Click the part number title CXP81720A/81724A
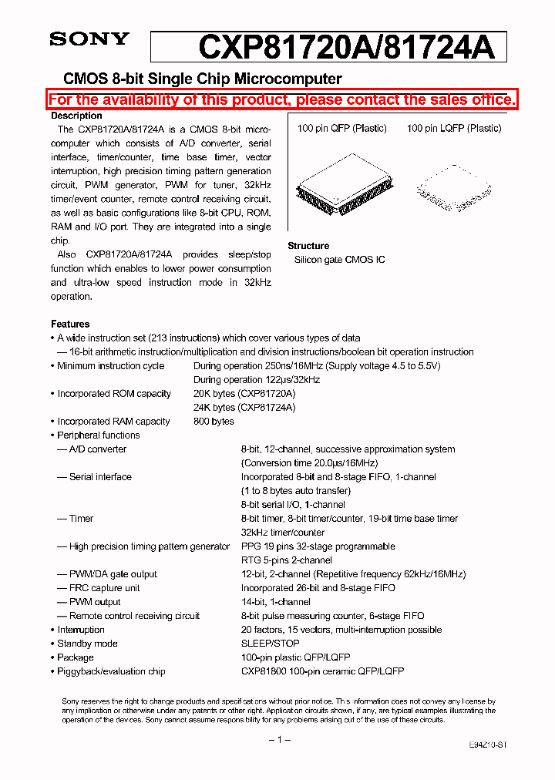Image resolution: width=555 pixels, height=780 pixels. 345,48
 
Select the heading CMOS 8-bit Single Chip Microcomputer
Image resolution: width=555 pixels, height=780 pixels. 202,79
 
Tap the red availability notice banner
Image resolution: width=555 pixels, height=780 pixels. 281,99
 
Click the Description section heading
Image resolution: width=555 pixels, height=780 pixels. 76,116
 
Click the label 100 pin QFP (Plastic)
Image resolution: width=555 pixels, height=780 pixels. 341,128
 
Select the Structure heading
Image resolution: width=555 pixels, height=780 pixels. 308,246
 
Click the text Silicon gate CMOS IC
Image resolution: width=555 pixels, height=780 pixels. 339,260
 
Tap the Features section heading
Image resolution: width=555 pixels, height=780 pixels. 70,324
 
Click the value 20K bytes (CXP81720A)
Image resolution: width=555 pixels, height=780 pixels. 244,394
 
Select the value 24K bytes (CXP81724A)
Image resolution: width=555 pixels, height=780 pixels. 244,408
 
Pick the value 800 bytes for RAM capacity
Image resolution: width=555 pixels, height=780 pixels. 214,422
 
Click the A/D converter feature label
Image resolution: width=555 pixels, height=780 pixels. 97,449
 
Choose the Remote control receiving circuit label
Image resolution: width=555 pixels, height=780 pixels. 133,616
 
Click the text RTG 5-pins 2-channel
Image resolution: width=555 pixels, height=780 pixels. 286,560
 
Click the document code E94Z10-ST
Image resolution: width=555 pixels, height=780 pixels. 487,745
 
